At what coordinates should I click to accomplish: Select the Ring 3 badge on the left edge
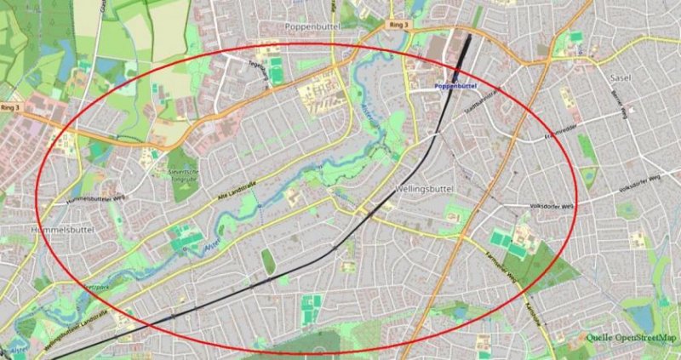[10, 108]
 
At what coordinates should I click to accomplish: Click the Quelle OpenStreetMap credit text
[629, 337]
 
